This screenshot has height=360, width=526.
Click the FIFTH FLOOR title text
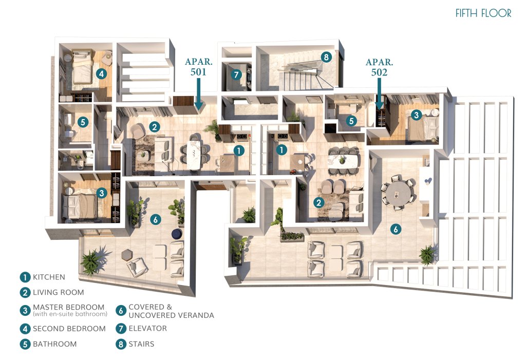(483, 13)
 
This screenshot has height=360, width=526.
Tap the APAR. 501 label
(199, 66)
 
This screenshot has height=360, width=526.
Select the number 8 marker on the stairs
(326, 56)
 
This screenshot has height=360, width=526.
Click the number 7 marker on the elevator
(236, 74)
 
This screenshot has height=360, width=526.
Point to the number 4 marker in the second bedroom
(101, 73)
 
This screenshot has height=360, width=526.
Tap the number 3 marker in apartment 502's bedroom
(416, 115)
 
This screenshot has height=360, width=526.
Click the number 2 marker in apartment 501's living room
(154, 127)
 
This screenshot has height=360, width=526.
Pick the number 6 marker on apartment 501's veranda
(155, 220)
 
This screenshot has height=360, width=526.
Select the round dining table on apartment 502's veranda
(398, 193)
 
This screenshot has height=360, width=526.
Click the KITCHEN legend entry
(49, 277)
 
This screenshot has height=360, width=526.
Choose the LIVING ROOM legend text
(59, 292)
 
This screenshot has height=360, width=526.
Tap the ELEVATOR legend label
(147, 329)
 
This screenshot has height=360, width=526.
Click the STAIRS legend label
(142, 344)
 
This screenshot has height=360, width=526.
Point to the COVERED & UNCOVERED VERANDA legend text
(171, 311)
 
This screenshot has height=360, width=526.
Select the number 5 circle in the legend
(25, 344)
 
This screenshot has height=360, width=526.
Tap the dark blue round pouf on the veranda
(177, 234)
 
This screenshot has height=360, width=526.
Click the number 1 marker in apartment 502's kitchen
(281, 150)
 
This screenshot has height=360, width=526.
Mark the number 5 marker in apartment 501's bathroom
(83, 122)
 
